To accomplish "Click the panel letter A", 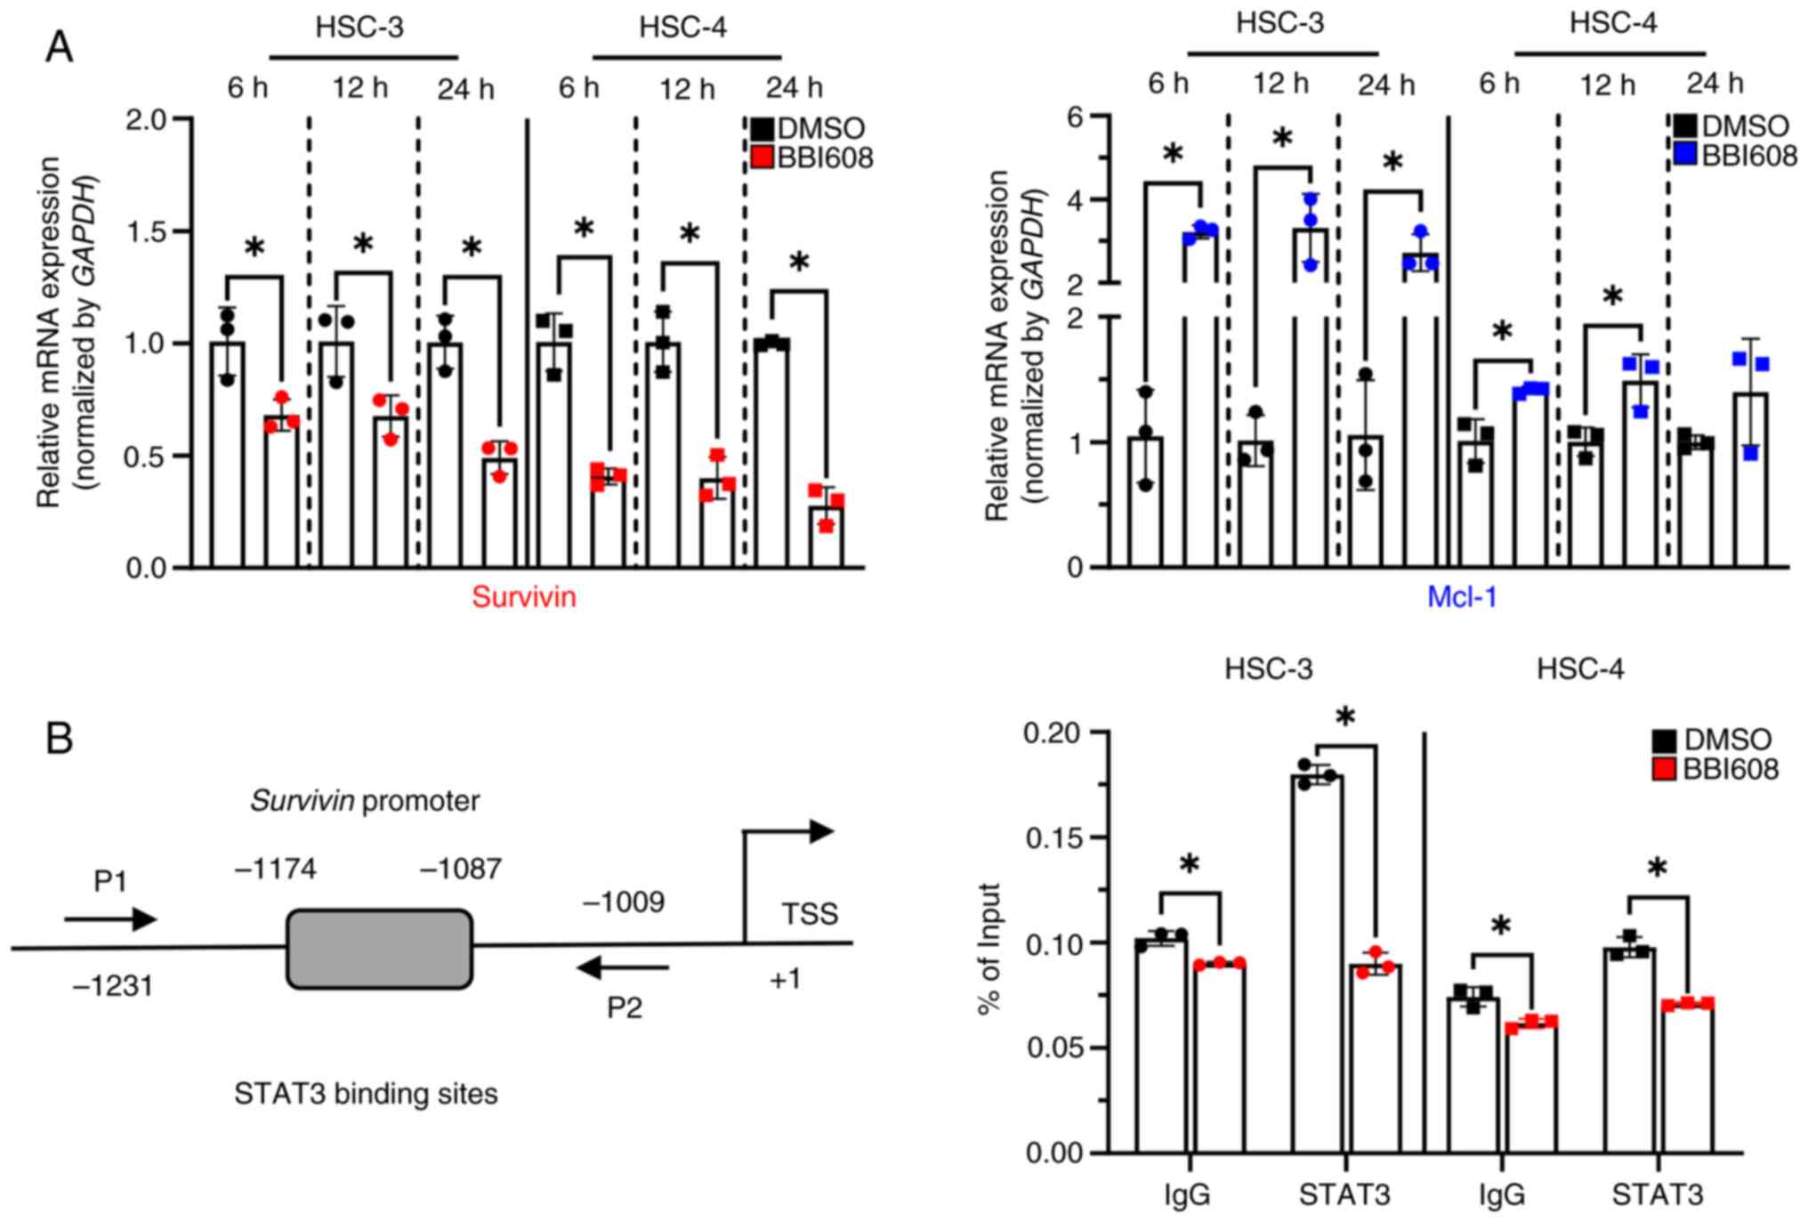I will tap(59, 46).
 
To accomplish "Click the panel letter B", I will tap(59, 739).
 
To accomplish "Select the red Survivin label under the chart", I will tap(523, 596).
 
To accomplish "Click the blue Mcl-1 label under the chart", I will tap(1461, 596).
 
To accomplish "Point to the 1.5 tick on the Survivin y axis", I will tap(149, 231).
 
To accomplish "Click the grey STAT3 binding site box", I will tap(379, 949).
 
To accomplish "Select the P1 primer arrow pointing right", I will tap(110, 919).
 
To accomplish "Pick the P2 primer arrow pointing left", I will tap(623, 967).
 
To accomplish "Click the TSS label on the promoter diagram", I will tap(809, 914).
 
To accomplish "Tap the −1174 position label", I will tap(275, 869).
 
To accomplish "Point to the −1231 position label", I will tap(112, 986).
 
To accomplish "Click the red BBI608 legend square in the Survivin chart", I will tap(762, 158).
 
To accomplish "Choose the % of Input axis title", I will tap(989, 949).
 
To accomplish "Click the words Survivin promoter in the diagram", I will tap(365, 801).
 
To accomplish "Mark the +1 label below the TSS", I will tap(785, 980).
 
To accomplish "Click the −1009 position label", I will tap(623, 902).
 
